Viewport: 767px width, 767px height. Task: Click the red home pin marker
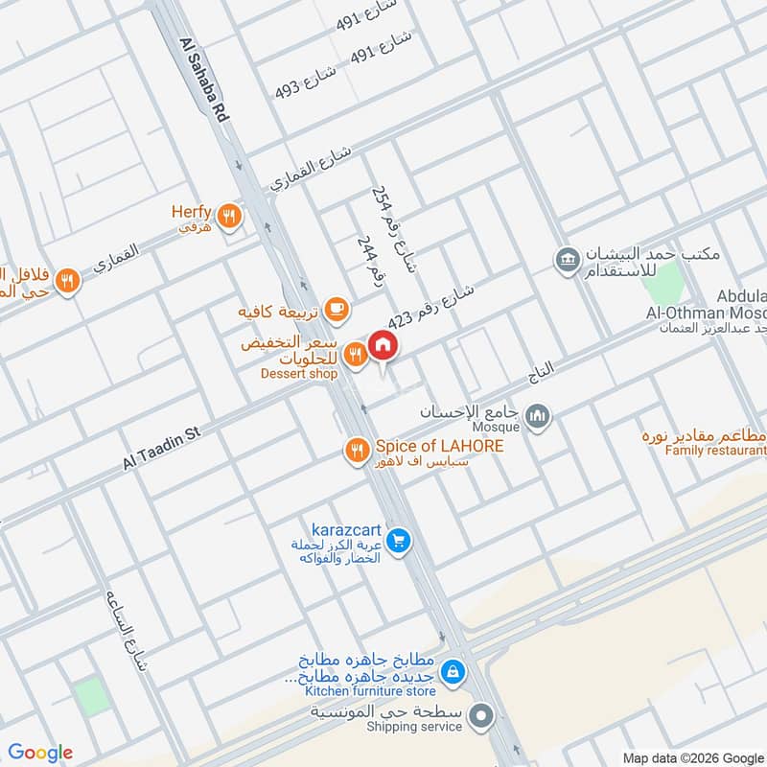[382, 346]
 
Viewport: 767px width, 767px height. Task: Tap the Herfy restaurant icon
[227, 216]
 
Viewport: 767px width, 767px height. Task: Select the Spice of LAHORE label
[439, 447]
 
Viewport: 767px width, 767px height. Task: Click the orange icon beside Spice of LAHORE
[357, 449]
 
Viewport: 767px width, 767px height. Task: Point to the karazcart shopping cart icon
[400, 542]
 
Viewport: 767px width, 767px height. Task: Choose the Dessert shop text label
[298, 374]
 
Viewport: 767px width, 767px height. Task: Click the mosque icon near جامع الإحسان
[537, 415]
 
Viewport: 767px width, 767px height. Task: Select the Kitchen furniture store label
[369, 691]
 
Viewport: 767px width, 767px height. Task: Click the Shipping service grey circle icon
[481, 714]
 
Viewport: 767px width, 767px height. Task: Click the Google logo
[40, 753]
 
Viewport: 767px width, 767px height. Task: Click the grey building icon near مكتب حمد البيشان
[567, 259]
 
